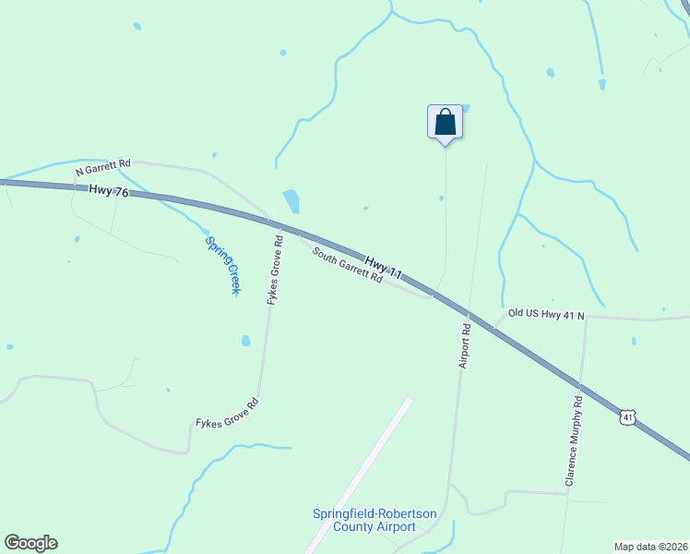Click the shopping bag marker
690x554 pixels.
[445, 122]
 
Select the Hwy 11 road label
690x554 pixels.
[384, 268]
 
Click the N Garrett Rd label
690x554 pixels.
[102, 171]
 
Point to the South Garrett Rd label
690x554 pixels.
[347, 266]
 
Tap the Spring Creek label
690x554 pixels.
[222, 266]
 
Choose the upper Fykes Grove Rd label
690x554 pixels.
[274, 271]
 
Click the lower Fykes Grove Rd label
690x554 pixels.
[227, 412]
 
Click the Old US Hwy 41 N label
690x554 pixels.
[546, 315]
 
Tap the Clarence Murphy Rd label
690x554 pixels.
[575, 442]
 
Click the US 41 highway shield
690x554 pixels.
[627, 418]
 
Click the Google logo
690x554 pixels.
[30, 543]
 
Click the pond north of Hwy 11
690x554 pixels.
[291, 200]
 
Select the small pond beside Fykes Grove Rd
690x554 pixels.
[245, 341]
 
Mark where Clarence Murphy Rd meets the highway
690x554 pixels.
[580, 385]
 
